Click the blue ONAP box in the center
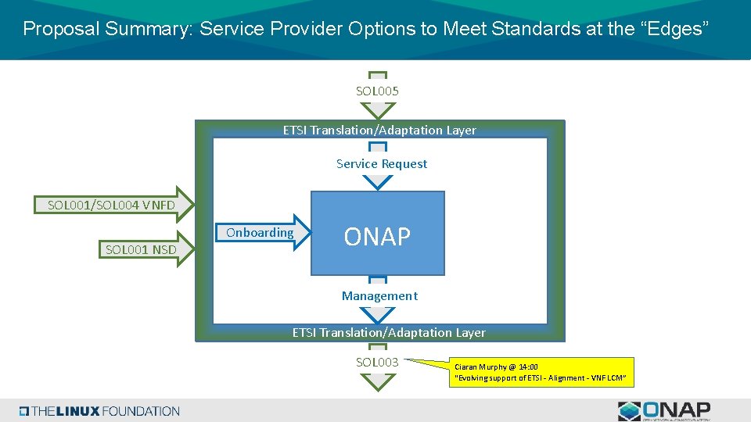(378, 234)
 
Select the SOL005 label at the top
(378, 91)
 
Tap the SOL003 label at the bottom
(378, 362)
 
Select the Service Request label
(381, 163)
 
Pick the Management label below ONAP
(379, 295)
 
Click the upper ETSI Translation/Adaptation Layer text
(379, 130)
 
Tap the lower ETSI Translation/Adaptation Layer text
(389, 332)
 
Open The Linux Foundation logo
(99, 411)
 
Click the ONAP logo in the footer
(664, 410)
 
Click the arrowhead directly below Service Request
(378, 181)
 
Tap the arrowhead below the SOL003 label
(378, 381)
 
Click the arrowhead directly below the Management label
(378, 313)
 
